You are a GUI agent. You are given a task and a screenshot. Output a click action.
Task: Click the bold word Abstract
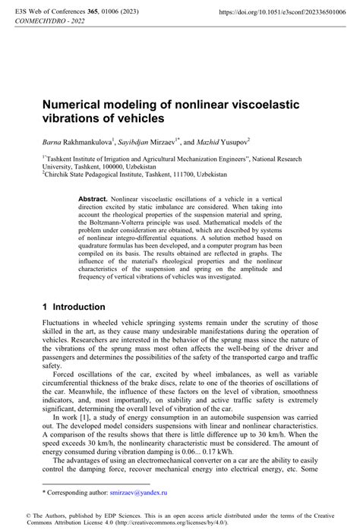pyautogui.click(x=93, y=197)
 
